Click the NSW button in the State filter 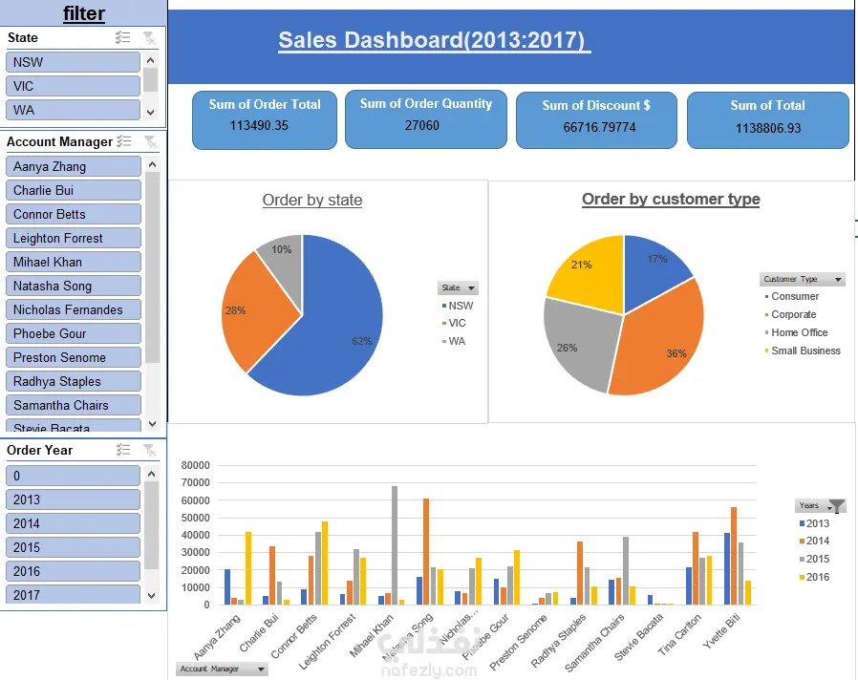point(73,62)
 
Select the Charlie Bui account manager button point(73,190)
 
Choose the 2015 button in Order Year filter point(73,547)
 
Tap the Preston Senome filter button point(73,357)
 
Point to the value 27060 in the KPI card point(421,125)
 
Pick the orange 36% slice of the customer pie point(659,344)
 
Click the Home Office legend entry point(799,332)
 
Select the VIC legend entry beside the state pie point(459,324)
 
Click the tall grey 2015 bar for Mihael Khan point(395,544)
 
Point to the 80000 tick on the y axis point(195,466)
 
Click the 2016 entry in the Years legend point(817,577)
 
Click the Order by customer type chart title point(671,200)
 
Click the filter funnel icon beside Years point(836,506)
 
